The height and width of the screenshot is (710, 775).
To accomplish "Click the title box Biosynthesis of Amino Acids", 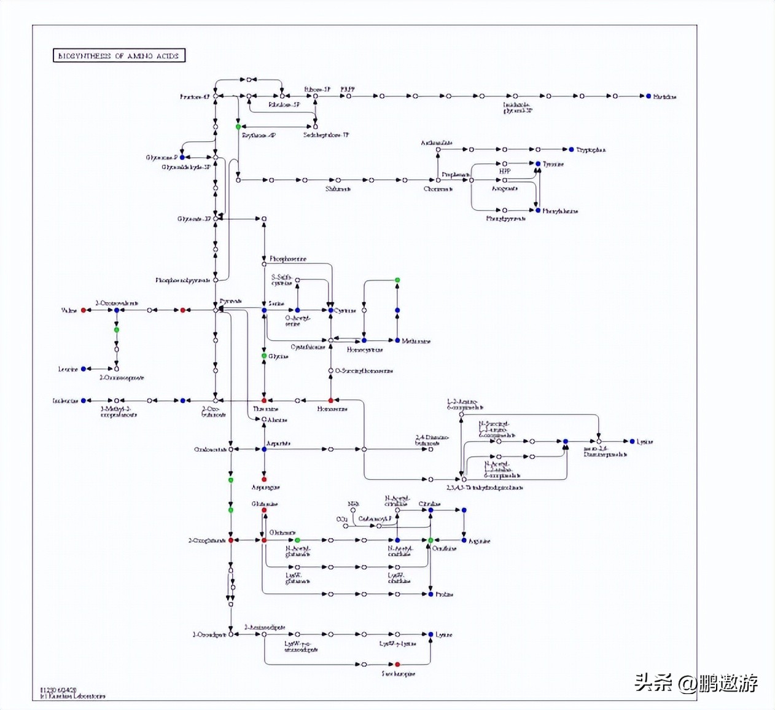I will click(x=119, y=56).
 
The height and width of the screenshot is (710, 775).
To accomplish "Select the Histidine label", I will click(x=664, y=96).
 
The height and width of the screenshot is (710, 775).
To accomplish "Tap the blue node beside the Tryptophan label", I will click(x=571, y=149).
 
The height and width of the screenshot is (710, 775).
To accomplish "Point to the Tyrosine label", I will click(x=553, y=164).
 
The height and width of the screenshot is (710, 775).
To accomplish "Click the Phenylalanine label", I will click(x=560, y=211).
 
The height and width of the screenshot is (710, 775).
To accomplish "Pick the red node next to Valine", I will click(x=84, y=310).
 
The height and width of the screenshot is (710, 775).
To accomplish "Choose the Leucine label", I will click(x=68, y=369).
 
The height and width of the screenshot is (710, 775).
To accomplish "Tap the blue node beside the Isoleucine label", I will click(x=84, y=400).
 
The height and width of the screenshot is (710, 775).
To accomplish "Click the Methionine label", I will click(x=416, y=341).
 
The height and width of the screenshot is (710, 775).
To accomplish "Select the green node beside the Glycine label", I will click(x=264, y=356).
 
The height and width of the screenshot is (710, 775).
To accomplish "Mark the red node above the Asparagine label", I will click(x=264, y=479).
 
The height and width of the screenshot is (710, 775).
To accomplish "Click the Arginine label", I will click(x=479, y=541).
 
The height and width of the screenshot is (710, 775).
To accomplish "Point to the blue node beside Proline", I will click(x=430, y=594).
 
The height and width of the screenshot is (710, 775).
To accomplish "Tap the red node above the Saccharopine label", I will click(x=397, y=664).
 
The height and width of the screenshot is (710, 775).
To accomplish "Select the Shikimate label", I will click(x=338, y=189).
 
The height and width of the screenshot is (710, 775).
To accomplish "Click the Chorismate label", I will click(x=438, y=189).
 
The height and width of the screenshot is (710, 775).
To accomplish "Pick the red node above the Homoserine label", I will click(x=330, y=400).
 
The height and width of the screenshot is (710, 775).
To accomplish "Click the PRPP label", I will click(x=348, y=89).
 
